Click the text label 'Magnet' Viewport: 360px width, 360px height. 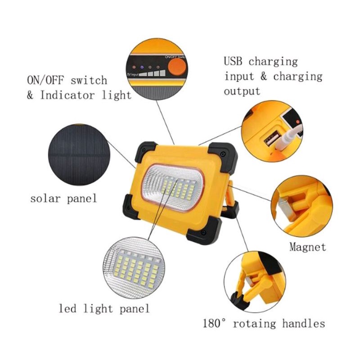coord(308,247)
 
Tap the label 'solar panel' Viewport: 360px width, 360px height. coord(63,198)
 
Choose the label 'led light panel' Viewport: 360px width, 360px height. coord(104,308)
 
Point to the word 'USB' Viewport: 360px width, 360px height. coord(234,61)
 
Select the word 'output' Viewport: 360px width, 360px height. coord(242,91)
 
